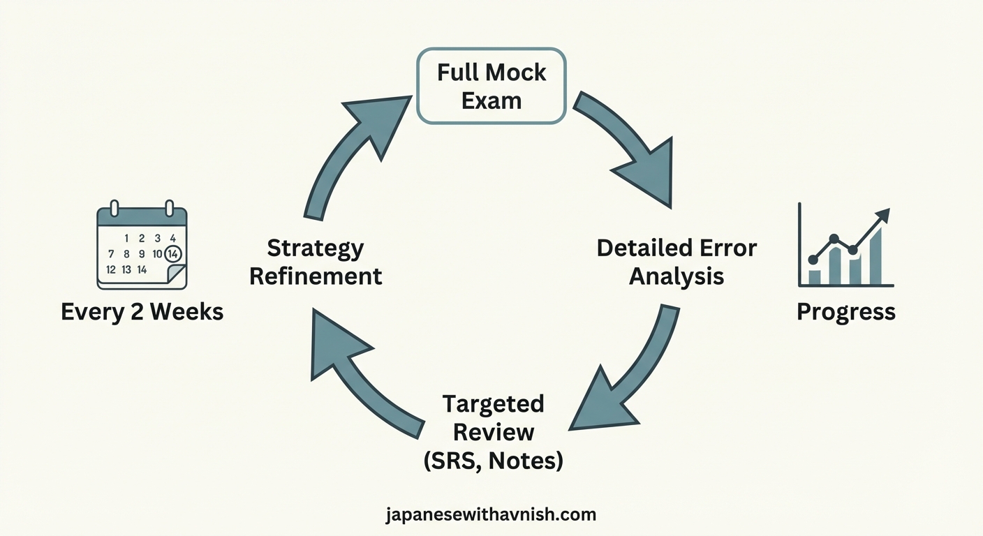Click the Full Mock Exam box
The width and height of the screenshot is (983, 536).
pyautogui.click(x=491, y=86)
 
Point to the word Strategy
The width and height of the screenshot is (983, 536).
pyautogui.click(x=316, y=248)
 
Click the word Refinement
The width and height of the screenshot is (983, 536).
pyautogui.click(x=316, y=276)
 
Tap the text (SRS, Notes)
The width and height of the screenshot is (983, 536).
pyautogui.click(x=493, y=460)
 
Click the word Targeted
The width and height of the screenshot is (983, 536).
pyautogui.click(x=493, y=404)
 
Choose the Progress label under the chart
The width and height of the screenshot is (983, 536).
pyautogui.click(x=845, y=311)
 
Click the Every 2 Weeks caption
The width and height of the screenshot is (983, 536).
pyautogui.click(x=142, y=311)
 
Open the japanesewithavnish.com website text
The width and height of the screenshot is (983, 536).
pyautogui.click(x=491, y=515)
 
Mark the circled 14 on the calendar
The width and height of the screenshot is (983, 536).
pyautogui.click(x=173, y=253)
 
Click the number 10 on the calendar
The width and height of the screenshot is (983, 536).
pyautogui.click(x=157, y=254)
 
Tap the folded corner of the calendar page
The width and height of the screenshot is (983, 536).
pyautogui.click(x=177, y=275)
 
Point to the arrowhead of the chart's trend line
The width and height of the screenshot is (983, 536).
pyautogui.click(x=884, y=215)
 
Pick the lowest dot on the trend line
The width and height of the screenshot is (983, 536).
pyautogui.click(x=813, y=260)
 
